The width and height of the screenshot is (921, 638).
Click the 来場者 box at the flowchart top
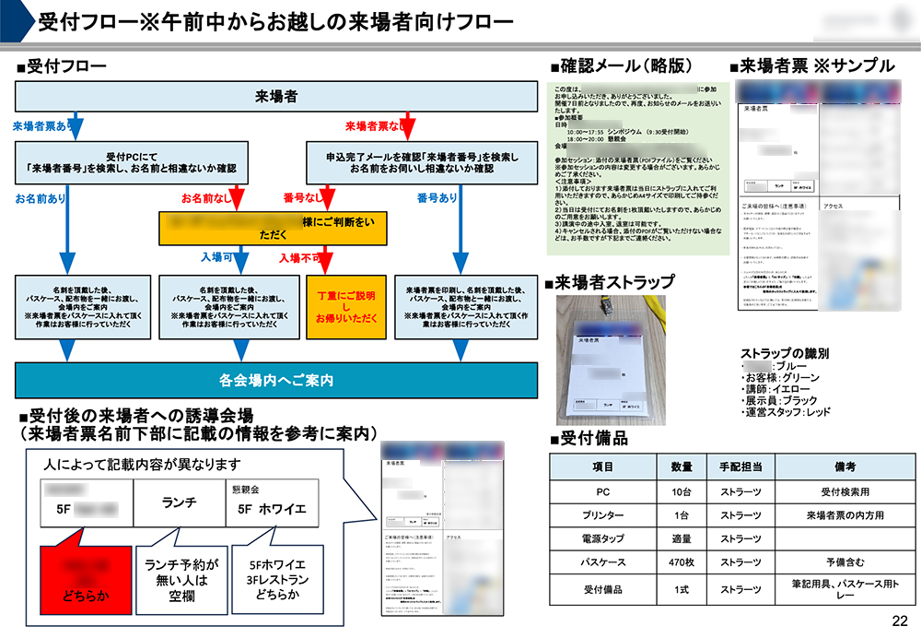pyautogui.click(x=275, y=97)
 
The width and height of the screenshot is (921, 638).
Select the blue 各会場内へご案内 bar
pyautogui.click(x=275, y=380)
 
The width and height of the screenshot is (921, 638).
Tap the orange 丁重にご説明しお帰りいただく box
pyautogui.click(x=345, y=307)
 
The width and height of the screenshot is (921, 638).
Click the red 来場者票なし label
pyautogui.click(x=378, y=125)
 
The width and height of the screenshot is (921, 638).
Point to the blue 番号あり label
pyautogui.click(x=437, y=197)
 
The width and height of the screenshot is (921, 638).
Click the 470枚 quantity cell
pyautogui.click(x=681, y=561)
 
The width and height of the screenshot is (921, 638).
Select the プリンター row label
pyautogui.click(x=603, y=514)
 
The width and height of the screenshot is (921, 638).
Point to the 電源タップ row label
pyautogui.click(x=603, y=538)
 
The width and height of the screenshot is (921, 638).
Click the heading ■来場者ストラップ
pyautogui.click(x=612, y=283)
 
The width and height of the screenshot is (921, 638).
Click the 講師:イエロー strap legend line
pyautogui.click(x=779, y=389)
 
